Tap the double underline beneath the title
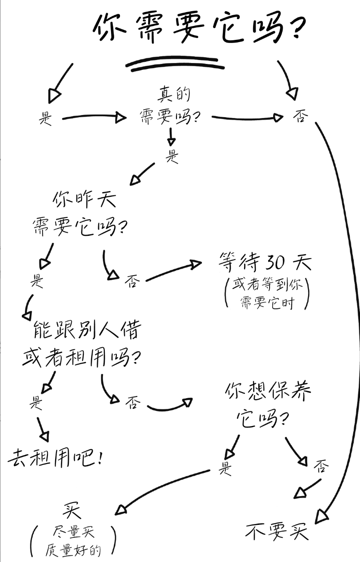point(175,64)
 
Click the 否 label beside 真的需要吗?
point(300,117)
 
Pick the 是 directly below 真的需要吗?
point(172,156)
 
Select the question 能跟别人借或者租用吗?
point(82,345)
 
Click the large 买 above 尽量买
point(72,511)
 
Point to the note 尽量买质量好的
point(73,541)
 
